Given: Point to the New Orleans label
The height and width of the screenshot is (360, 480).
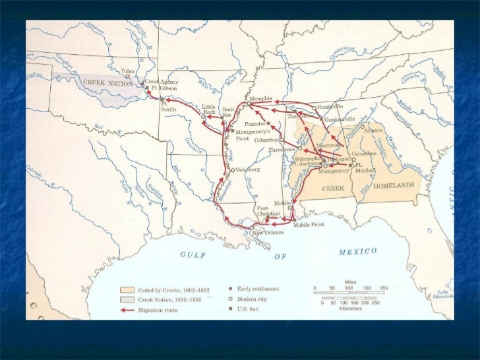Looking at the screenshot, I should click(x=267, y=232).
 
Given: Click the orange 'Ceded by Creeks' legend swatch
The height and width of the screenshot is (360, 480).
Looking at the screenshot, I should click(x=127, y=289).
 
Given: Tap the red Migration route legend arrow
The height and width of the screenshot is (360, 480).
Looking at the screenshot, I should click(x=127, y=309).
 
